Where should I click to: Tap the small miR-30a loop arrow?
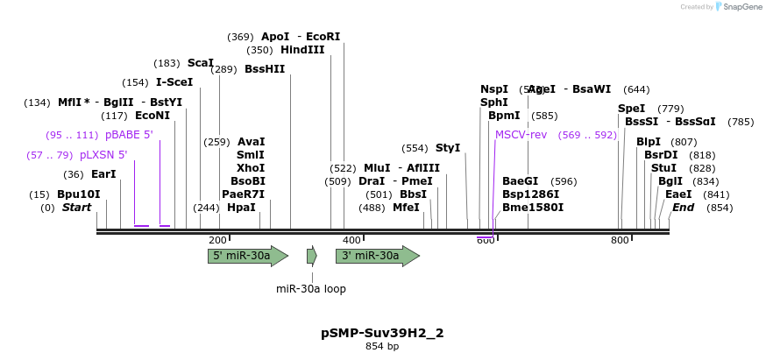(x=312, y=256)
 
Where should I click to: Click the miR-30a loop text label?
(x=311, y=288)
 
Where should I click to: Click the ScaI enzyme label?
(x=201, y=63)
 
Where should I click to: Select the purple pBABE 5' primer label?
(x=129, y=135)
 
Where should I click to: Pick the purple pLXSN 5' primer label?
(x=103, y=155)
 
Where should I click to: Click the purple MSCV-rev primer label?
(x=521, y=135)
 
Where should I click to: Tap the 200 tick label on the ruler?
(x=217, y=240)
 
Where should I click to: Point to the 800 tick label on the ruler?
(x=620, y=240)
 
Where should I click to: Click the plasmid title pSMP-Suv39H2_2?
(x=382, y=333)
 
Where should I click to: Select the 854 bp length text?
(x=382, y=347)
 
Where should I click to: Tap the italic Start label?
(x=76, y=208)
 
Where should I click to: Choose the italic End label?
(x=684, y=208)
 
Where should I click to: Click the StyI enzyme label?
(x=448, y=148)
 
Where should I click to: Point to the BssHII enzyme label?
(x=265, y=69)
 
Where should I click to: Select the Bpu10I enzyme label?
(x=79, y=194)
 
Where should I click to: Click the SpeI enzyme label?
(x=631, y=109)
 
